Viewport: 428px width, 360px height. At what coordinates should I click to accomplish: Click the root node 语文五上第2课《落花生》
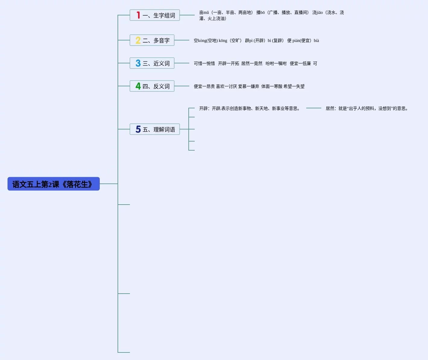[53, 184]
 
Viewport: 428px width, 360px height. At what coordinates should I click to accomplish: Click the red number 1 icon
[138, 15]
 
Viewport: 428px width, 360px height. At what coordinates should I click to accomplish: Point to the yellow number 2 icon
[138, 40]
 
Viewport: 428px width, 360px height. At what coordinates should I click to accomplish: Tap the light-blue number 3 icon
[138, 63]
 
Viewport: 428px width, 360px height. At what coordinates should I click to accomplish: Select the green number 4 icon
[138, 86]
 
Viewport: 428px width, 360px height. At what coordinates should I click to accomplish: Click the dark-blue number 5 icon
[138, 129]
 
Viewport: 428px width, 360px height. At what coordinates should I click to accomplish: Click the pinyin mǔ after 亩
[206, 13]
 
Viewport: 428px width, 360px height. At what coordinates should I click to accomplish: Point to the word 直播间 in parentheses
[301, 13]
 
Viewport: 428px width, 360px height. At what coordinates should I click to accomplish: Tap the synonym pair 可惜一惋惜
[204, 64]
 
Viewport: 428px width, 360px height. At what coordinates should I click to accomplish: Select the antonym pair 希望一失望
[294, 87]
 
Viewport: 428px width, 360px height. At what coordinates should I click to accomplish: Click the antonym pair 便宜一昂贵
[204, 87]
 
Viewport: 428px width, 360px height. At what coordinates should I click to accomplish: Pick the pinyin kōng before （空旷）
[223, 41]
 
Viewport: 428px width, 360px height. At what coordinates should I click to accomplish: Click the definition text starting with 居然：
[367, 109]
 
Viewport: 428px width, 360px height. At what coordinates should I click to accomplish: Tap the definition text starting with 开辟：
[249, 109]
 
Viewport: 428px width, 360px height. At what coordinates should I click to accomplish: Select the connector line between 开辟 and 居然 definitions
[313, 108]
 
